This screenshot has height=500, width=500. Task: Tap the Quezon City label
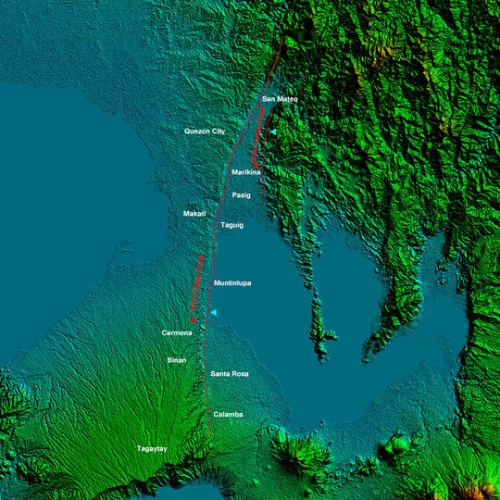(x=205, y=131)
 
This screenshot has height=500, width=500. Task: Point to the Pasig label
(x=242, y=195)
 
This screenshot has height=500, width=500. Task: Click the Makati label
(x=194, y=214)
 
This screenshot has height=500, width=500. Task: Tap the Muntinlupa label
(x=233, y=282)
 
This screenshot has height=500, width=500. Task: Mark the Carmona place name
(x=177, y=332)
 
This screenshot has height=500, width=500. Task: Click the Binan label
(x=177, y=359)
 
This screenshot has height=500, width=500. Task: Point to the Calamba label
(x=228, y=414)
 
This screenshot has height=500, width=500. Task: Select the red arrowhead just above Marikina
(x=255, y=164)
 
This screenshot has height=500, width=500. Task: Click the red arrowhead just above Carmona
(x=193, y=320)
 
